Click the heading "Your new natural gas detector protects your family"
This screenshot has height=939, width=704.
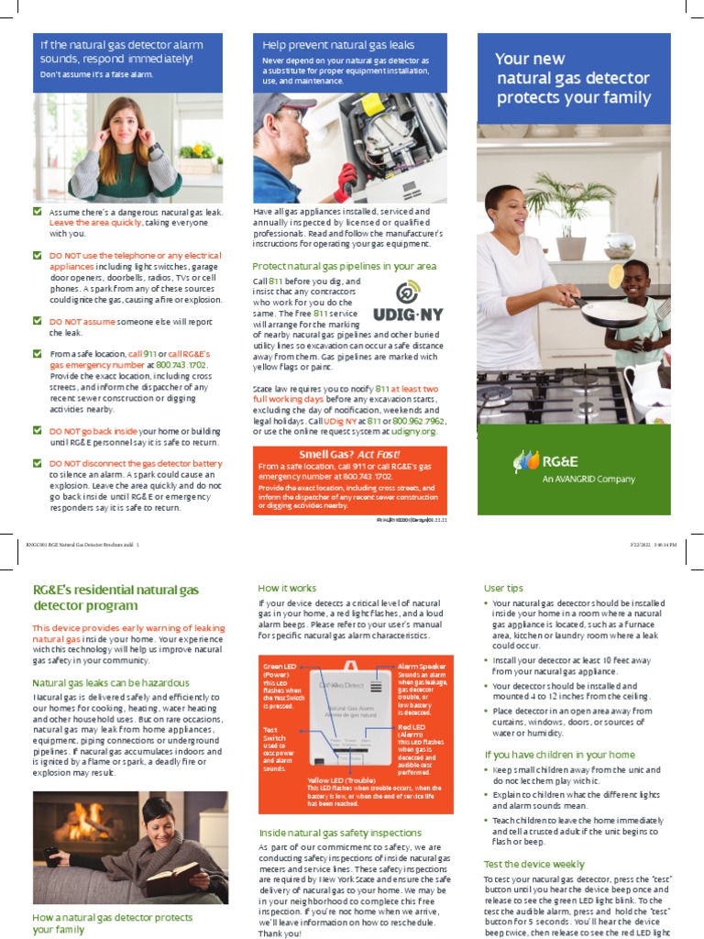[x=573, y=78]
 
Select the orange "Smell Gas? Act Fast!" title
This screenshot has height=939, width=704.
[x=349, y=455]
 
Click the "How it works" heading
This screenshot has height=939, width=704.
[x=287, y=588]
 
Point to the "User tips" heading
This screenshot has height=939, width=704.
[x=503, y=588]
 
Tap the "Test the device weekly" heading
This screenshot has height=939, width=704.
[x=533, y=864]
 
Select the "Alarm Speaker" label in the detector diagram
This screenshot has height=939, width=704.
[x=423, y=667]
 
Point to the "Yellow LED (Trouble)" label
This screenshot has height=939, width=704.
[x=341, y=780]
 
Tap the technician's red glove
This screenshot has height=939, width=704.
[x=346, y=182]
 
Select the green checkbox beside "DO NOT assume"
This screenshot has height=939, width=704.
[x=37, y=322]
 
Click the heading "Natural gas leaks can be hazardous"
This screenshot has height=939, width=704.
[x=111, y=682]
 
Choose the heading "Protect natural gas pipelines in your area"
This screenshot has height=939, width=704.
[x=344, y=266]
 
